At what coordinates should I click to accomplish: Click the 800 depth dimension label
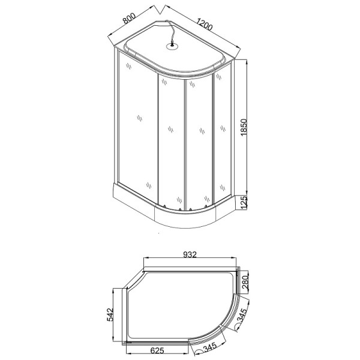(x=127, y=17)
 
